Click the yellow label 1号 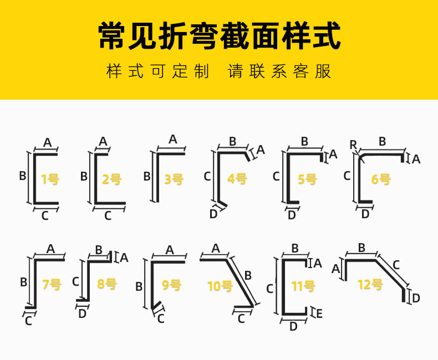[50, 179]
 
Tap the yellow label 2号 [111, 179]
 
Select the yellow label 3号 [174, 179]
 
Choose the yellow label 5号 [307, 179]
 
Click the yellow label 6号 [381, 179]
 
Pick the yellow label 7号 [52, 284]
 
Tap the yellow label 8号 [107, 284]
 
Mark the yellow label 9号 [171, 285]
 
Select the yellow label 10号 [220, 286]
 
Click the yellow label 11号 [303, 286]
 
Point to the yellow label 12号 [370, 285]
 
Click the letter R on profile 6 [353, 145]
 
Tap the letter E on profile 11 [319, 313]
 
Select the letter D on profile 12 [416, 298]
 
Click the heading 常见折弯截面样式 [219, 36]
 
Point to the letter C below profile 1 [45, 216]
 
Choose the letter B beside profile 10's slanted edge [248, 275]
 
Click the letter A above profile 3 [172, 139]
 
